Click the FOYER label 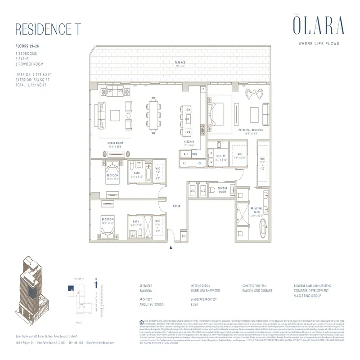176,206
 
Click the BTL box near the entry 184,235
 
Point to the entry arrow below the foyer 171,247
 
